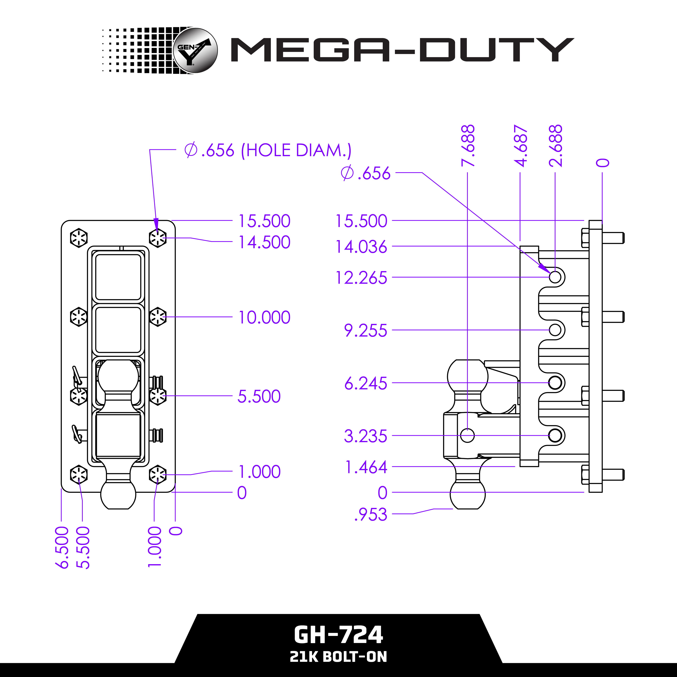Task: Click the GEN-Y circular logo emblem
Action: point(195,50)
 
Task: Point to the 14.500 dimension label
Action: point(264,242)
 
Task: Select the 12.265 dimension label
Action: point(361,277)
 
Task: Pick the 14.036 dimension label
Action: point(361,247)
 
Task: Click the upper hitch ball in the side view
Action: point(467,377)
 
